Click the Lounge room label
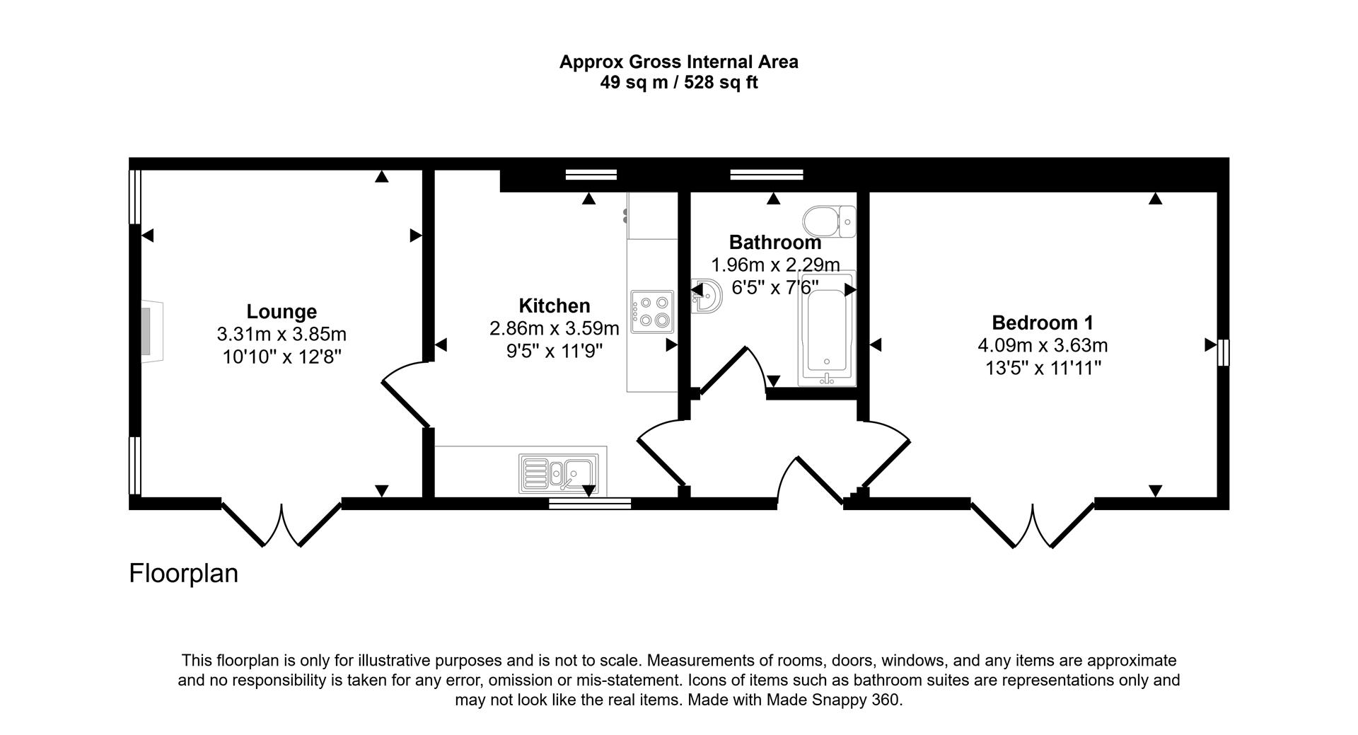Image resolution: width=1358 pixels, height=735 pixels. click(x=282, y=311)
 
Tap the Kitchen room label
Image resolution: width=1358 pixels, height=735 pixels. click(x=554, y=306)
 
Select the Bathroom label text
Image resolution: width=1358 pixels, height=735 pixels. click(x=774, y=242)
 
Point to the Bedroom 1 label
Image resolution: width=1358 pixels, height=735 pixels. click(x=1043, y=323)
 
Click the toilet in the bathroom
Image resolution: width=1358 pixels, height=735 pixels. click(x=829, y=221)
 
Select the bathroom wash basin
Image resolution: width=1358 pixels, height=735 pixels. click(x=707, y=295)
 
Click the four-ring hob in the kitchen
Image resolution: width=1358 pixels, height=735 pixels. click(x=652, y=312)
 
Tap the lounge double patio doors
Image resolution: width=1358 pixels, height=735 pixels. click(x=282, y=524)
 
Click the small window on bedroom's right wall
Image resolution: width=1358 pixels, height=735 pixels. click(x=1224, y=352)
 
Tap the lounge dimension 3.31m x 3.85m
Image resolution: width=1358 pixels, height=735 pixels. click(x=282, y=334)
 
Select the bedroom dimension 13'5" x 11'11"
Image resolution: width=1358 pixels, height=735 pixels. click(x=1043, y=368)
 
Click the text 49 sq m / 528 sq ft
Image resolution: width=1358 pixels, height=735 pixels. click(x=678, y=83)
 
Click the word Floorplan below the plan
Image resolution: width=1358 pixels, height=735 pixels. click(x=183, y=573)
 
